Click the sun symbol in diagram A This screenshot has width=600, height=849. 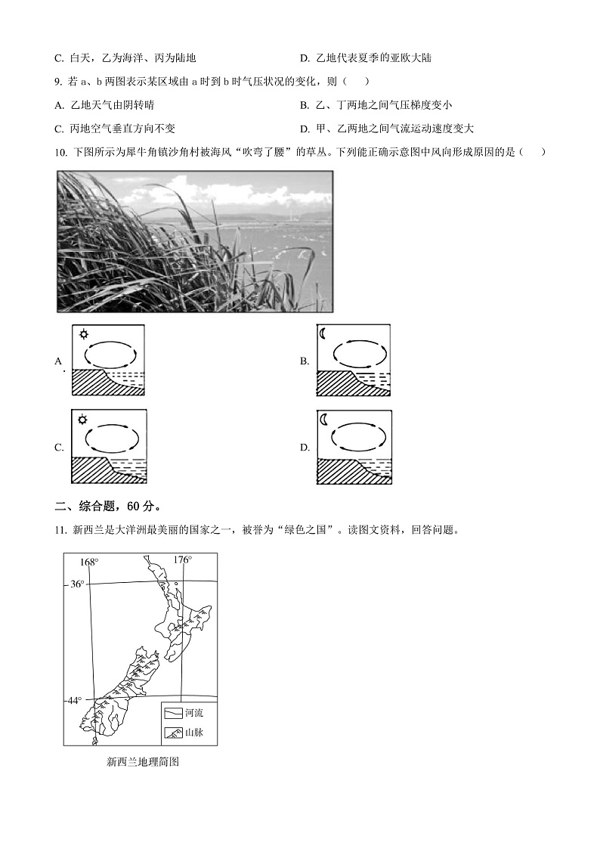[82, 334]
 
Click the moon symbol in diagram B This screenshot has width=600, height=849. [325, 334]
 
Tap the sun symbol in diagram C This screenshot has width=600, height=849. [82, 420]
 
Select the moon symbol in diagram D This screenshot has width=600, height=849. [325, 420]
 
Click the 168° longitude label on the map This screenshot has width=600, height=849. [89, 562]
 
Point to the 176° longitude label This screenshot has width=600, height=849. [182, 560]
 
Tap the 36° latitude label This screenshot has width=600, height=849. [77, 584]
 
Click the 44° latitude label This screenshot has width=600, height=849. [74, 701]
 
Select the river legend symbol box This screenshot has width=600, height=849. [173, 713]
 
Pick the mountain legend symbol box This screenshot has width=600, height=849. [173, 733]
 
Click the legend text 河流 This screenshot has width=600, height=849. [194, 713]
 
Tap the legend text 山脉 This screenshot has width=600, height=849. [194, 733]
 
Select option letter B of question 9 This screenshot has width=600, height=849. [305, 105]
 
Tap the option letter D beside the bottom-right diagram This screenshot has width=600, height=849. [305, 448]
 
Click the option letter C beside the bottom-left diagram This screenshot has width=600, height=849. [59, 448]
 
